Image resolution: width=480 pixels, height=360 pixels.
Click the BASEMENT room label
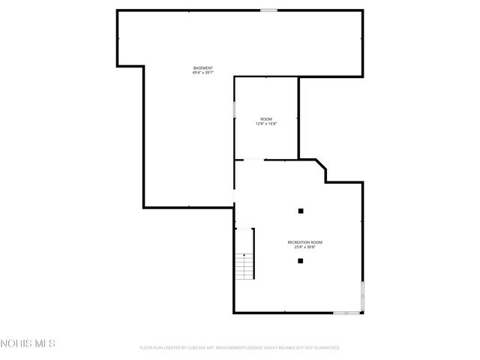tap(202, 68)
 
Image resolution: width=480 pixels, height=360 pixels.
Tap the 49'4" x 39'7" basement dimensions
tap(202, 73)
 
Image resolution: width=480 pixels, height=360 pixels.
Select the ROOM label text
tap(266, 119)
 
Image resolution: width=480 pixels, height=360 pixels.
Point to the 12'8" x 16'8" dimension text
tap(266, 124)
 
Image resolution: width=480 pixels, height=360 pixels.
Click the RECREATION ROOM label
tap(305, 241)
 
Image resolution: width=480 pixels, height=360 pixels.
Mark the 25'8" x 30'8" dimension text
tap(305, 246)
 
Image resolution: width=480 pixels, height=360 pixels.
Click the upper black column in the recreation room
tap(300, 211)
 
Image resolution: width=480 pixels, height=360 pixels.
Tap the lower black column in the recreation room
tap(300, 261)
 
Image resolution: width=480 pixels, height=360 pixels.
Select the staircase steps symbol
tap(244, 266)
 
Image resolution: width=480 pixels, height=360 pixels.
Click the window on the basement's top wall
tap(268, 10)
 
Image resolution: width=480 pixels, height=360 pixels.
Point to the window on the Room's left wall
tap(235, 109)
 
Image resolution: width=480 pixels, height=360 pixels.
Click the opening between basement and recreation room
tap(235, 196)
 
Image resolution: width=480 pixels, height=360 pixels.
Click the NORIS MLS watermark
tap(28, 343)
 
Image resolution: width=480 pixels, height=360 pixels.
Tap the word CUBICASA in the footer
tap(206, 348)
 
